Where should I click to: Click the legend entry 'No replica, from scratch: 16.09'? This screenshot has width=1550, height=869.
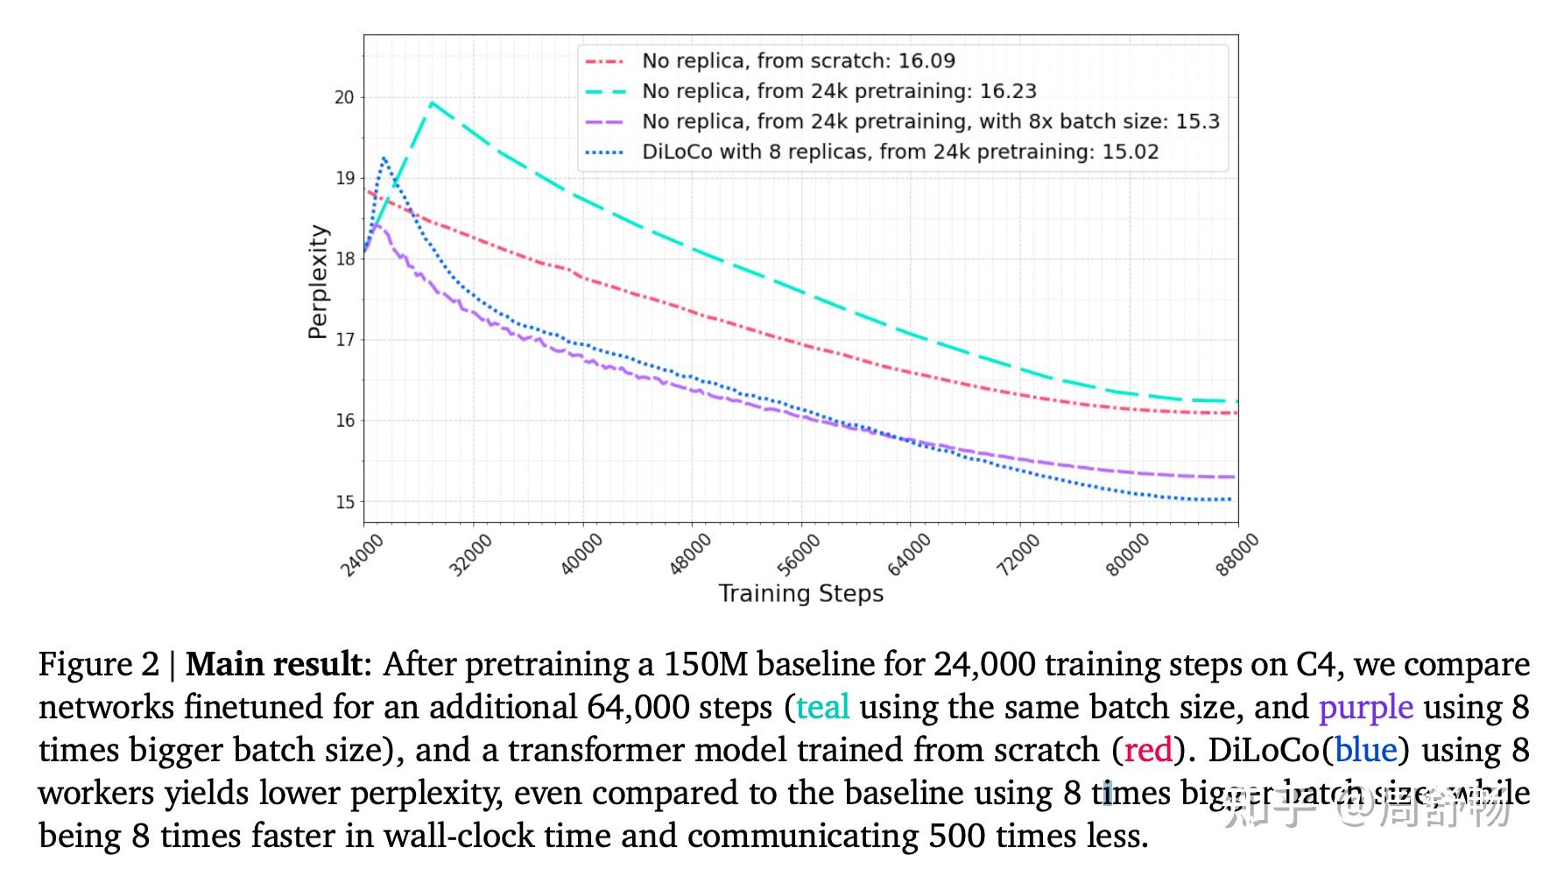[x=798, y=61]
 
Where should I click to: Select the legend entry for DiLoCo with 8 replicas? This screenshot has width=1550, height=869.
[x=899, y=152]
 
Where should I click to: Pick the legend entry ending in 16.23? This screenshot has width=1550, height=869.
[x=838, y=91]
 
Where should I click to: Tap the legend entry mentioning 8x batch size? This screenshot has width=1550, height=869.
[x=930, y=122]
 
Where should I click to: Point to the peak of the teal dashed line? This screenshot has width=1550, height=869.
[x=431, y=103]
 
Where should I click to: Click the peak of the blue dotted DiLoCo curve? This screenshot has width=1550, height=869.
[x=384, y=159]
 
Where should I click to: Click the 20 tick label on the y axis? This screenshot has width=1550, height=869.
[x=344, y=97]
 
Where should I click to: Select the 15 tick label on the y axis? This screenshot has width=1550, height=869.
[x=344, y=502]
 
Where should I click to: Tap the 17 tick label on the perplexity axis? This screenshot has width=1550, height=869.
[x=344, y=340]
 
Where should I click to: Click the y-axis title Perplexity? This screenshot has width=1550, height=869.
[x=318, y=282]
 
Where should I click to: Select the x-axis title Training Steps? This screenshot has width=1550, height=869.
[x=800, y=594]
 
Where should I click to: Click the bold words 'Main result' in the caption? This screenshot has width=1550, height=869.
[x=272, y=664]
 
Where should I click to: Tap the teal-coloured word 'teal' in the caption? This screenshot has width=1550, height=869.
[x=822, y=707]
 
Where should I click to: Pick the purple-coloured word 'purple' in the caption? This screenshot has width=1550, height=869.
[x=1365, y=707]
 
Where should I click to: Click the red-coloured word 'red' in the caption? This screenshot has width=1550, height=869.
[x=1148, y=750]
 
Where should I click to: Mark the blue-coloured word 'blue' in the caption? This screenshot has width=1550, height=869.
[x=1365, y=750]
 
